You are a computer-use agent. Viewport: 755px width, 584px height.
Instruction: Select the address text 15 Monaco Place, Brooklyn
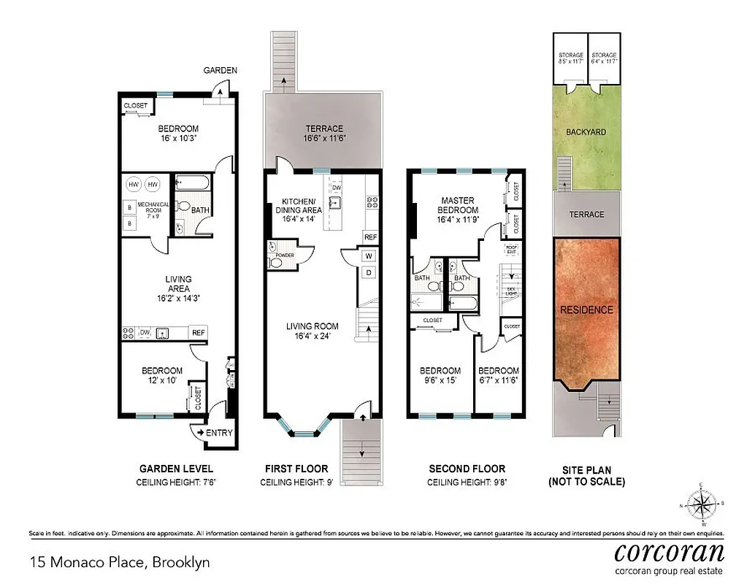[120, 562]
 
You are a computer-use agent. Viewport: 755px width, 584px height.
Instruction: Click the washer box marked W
[369, 255]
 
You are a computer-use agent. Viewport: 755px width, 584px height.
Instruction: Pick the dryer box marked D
[369, 273]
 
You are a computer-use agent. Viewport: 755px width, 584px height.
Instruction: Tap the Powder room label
[285, 255]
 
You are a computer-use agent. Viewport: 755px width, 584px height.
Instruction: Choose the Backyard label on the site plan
[586, 132]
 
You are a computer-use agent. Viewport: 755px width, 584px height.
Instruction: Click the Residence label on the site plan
[586, 310]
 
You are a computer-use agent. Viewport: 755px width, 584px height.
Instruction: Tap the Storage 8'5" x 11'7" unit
[571, 58]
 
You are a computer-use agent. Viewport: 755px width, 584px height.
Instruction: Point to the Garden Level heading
[176, 469]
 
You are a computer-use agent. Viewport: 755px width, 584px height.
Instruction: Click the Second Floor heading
[467, 469]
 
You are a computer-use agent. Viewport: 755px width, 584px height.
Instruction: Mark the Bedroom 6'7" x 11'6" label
[499, 375]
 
